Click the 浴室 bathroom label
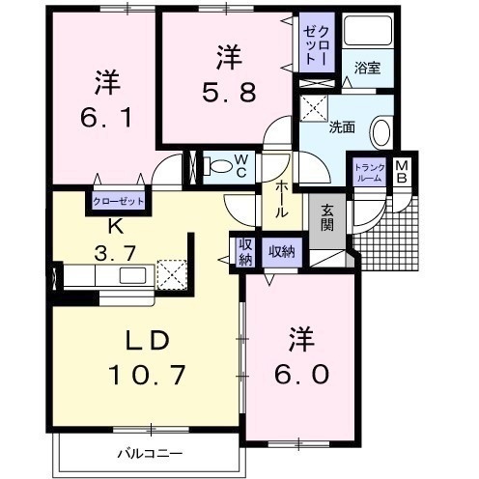pyautogui.click(x=367, y=69)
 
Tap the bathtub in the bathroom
pyautogui.click(x=368, y=31)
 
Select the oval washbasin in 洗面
pyautogui.click(x=381, y=133)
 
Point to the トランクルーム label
pyautogui.click(x=369, y=173)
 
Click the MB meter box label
pyautogui.click(x=402, y=172)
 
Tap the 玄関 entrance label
pyautogui.click(x=327, y=217)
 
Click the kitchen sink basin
pyautogui.click(x=133, y=275)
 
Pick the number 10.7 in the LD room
pyautogui.click(x=147, y=375)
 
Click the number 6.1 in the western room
pyautogui.click(x=105, y=117)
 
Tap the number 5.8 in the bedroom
pyautogui.click(x=229, y=91)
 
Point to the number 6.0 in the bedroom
pyautogui.click(x=301, y=374)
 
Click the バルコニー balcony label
pyautogui.click(x=150, y=454)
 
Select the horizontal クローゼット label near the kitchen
pyautogui.click(x=118, y=202)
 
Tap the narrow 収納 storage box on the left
pyautogui.click(x=245, y=252)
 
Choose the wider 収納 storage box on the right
pyautogui.click(x=282, y=252)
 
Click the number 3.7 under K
pyautogui.click(x=115, y=253)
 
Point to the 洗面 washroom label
pyautogui.click(x=342, y=127)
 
